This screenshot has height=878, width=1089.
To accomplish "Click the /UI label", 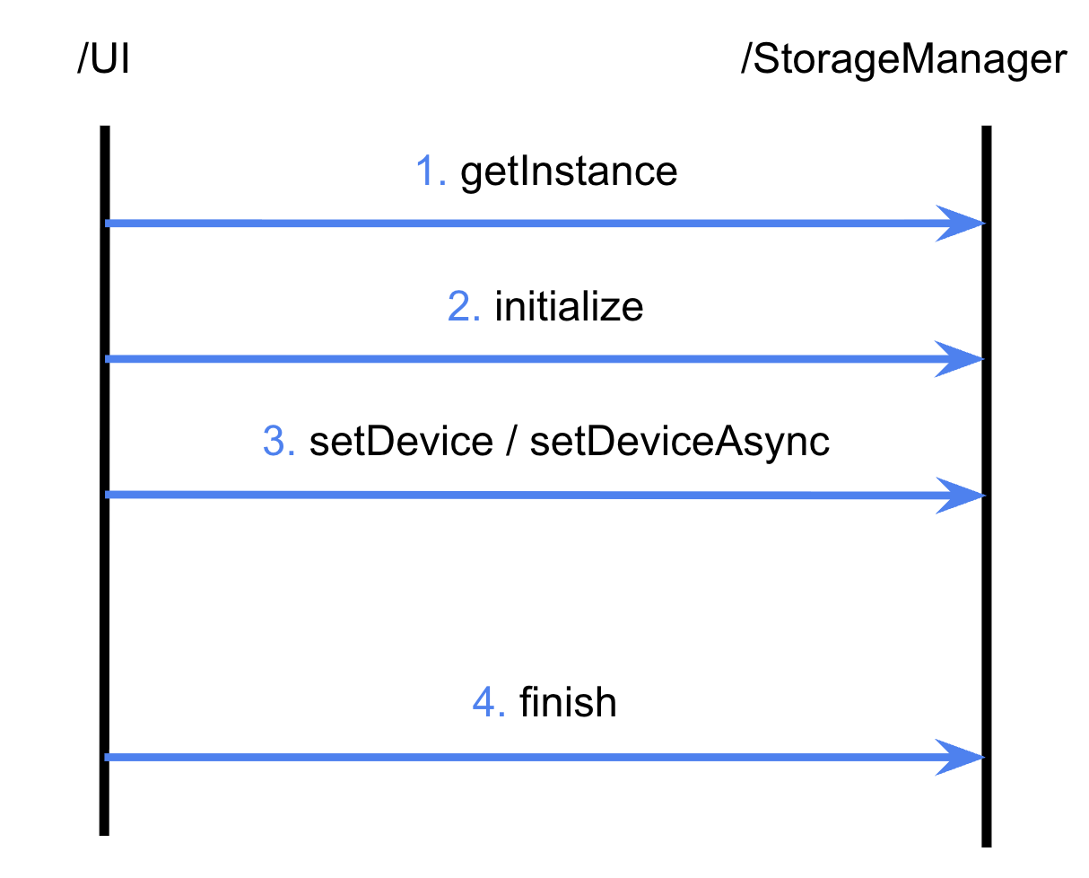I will pyautogui.click(x=104, y=61).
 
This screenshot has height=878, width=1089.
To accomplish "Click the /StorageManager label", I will pyautogui.click(x=903, y=61).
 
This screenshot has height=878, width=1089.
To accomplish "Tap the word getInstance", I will pyautogui.click(x=569, y=171).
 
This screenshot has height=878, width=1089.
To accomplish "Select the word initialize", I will pyautogui.click(x=569, y=307).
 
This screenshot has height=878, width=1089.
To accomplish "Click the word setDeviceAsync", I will pyautogui.click(x=679, y=443).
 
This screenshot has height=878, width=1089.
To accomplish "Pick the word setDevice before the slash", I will pyautogui.click(x=400, y=443).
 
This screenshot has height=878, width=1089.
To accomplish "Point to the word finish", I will pyautogui.click(x=568, y=703).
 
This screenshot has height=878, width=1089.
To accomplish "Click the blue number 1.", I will pyautogui.click(x=431, y=171).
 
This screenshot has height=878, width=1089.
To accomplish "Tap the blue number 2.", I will pyautogui.click(x=464, y=307).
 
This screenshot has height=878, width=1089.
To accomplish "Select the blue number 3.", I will pyautogui.click(x=279, y=443).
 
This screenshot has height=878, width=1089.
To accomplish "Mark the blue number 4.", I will pyautogui.click(x=489, y=703).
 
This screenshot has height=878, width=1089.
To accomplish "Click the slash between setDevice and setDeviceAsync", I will pyautogui.click(x=510, y=443).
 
